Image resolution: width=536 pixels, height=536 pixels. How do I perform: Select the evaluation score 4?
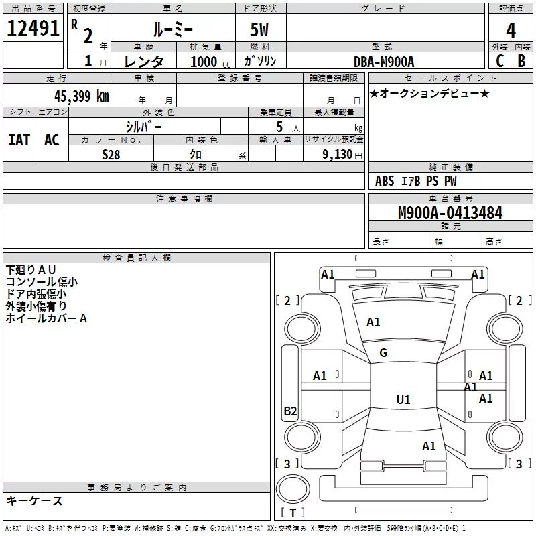pos(511,30)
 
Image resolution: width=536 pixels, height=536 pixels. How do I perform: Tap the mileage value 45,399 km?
pos(82,96)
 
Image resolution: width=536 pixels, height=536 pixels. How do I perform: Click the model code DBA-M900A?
pos(384,62)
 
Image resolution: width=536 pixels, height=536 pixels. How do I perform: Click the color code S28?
pos(111,154)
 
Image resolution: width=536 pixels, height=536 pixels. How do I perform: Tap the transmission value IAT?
pos(19,140)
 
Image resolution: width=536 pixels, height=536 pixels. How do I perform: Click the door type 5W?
pos(261,31)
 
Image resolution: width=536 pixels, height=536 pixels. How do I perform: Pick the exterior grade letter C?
pos(499,61)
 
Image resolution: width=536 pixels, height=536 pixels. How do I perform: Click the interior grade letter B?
pos(522,61)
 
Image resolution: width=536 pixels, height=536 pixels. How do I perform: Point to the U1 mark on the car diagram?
pos(403,400)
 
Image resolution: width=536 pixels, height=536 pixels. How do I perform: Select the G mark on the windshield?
pos(383,353)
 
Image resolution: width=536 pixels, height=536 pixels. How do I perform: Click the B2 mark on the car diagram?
pos(290,411)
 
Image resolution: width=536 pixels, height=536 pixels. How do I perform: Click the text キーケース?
pos(34,500)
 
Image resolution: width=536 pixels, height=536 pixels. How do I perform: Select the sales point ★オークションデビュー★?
pos(429,94)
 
